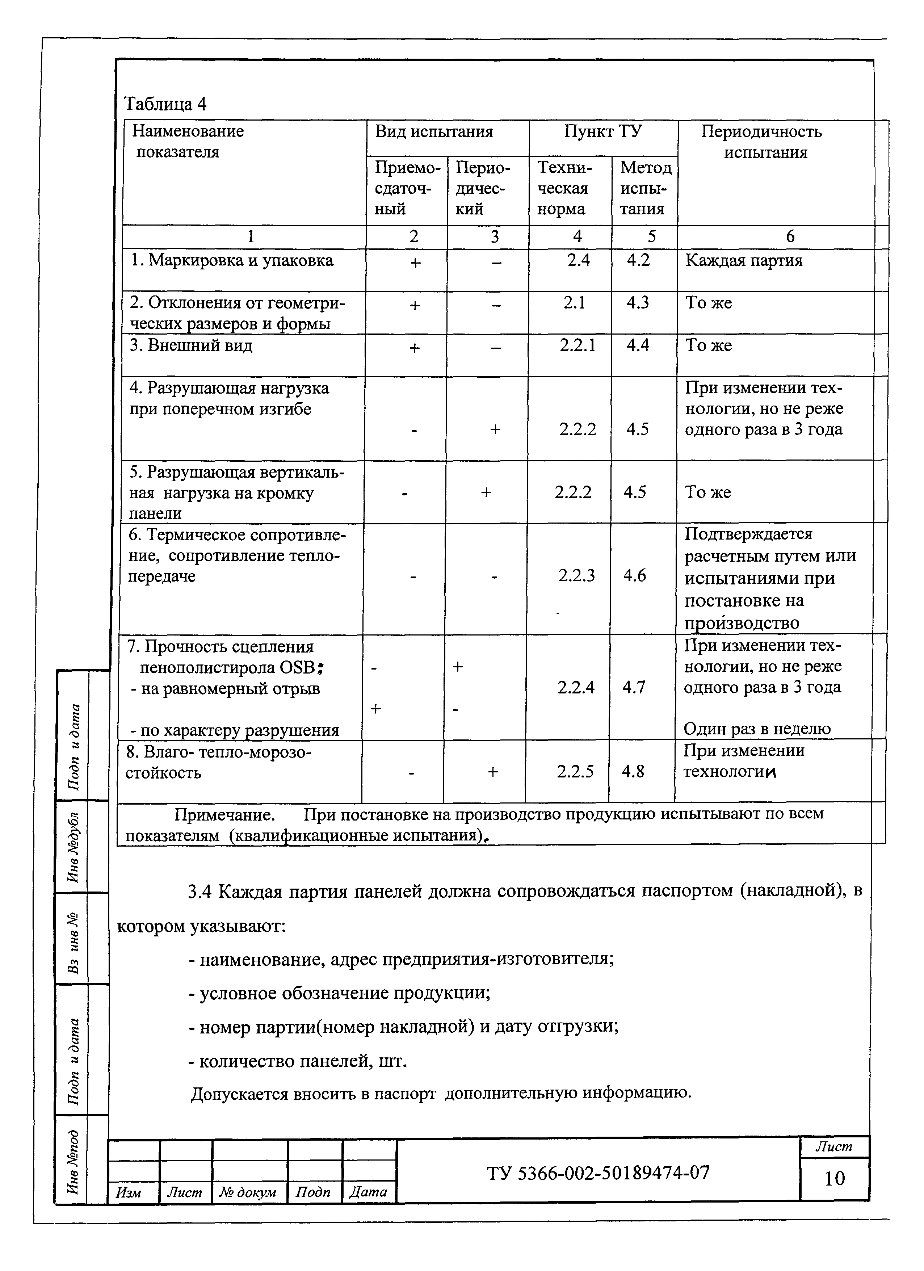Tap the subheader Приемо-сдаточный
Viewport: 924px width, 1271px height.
pos(406,188)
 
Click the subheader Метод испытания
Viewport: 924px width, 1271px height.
pos(646,188)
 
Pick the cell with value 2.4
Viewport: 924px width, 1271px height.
pos(578,260)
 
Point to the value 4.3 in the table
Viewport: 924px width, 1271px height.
pos(638,303)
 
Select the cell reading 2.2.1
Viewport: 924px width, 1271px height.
pos(577,345)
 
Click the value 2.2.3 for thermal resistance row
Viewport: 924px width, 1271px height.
pos(576,575)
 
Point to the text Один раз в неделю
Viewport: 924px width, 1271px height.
pos(756,729)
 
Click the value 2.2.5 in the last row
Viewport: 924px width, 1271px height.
pos(575,772)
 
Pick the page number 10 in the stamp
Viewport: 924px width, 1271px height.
pos(834,1179)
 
